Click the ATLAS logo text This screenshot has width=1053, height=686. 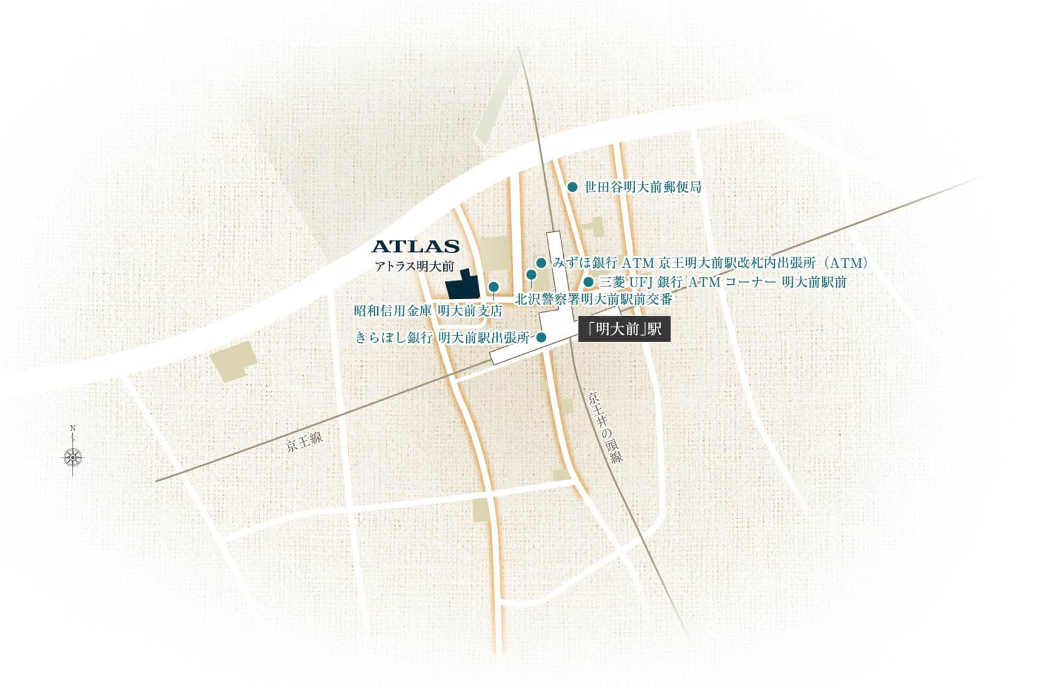click(416, 247)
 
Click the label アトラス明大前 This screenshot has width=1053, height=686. click(414, 266)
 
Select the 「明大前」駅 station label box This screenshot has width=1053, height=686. click(624, 330)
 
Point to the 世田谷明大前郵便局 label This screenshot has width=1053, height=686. click(642, 187)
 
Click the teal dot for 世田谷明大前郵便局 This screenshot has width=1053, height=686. click(572, 186)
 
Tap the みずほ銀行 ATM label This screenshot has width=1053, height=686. click(710, 263)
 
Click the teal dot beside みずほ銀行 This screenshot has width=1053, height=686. click(541, 263)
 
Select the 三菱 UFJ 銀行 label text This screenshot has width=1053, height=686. click(722, 282)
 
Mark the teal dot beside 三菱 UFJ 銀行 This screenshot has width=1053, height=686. click(588, 282)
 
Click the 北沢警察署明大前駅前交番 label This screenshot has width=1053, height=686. click(594, 300)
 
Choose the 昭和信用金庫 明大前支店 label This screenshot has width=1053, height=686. click(428, 311)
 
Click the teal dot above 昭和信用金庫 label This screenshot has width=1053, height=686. click(493, 286)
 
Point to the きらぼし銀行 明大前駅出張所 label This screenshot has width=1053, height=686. click(442, 337)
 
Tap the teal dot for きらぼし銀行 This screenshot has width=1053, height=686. click(541, 337)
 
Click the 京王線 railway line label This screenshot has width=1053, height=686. click(304, 442)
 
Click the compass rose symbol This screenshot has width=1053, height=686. click(73, 456)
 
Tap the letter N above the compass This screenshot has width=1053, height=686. click(73, 428)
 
